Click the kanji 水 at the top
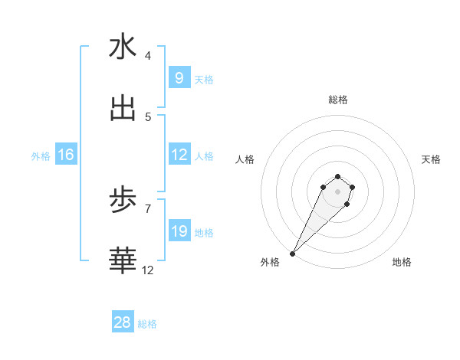[x=123, y=47]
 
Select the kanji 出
[x=123, y=109]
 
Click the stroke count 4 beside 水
[x=148, y=56]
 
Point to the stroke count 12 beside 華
[x=148, y=270]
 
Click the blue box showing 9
[x=179, y=78]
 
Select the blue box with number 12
[x=179, y=155]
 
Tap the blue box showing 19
[x=179, y=231]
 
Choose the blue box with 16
[x=66, y=155]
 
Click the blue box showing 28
[x=123, y=322]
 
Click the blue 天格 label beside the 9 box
[x=204, y=80]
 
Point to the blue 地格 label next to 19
[x=204, y=233]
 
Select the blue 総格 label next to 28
[x=147, y=324]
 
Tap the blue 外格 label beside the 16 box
[x=41, y=156]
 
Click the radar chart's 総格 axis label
[x=338, y=100]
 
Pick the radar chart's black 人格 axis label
[x=245, y=159]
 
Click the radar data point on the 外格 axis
[x=293, y=254]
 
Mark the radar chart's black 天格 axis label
[x=432, y=159]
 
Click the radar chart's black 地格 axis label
[x=402, y=263]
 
